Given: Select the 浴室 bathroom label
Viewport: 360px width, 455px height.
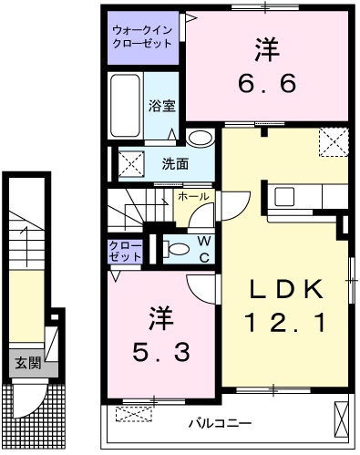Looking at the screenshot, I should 162,104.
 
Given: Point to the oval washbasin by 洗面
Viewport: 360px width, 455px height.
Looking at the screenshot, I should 201,139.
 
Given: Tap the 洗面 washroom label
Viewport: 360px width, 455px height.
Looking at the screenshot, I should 176,164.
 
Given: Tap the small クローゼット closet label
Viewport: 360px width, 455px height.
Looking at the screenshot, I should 125,251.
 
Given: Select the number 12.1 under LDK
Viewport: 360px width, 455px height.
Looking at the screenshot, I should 286,322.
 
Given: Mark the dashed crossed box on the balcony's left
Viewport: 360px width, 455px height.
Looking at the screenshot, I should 133,416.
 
